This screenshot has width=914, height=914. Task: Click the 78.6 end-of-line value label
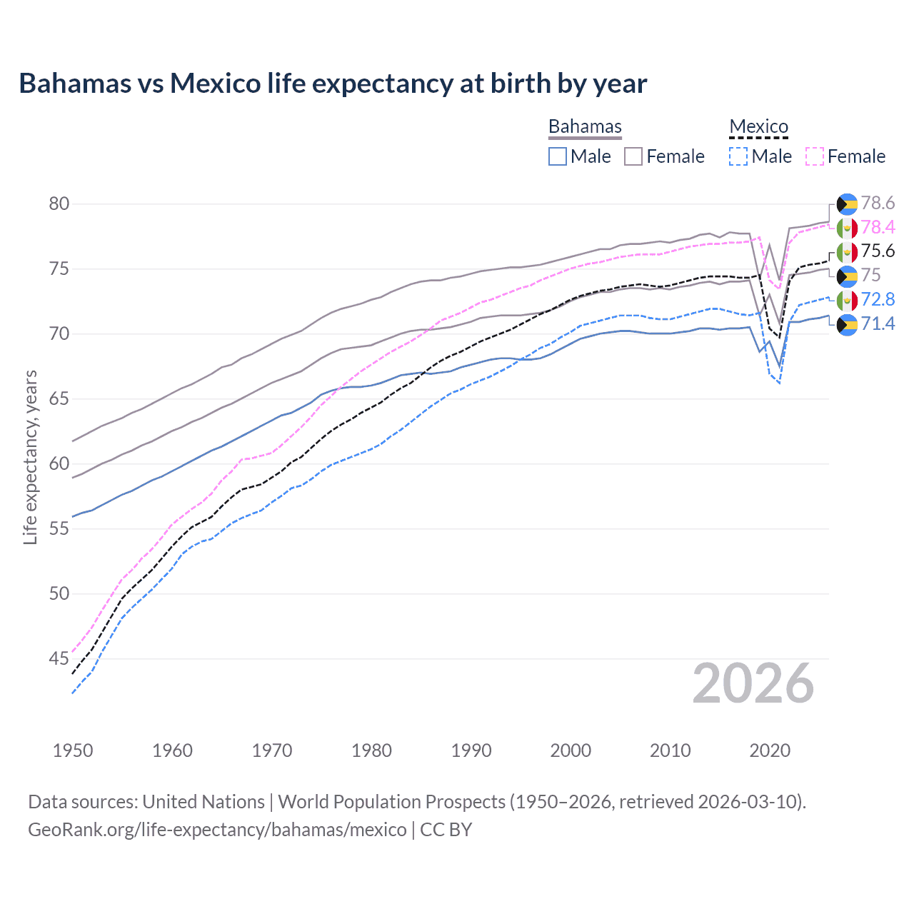click(878, 204)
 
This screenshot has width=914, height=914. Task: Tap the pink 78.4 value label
click(878, 227)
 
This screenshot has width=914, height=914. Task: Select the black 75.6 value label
click(878, 251)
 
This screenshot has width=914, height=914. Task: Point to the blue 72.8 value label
click(878, 299)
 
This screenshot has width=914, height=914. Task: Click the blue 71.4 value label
click(878, 323)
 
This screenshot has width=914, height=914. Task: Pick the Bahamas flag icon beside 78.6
click(847, 204)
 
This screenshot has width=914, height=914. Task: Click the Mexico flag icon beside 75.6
click(847, 252)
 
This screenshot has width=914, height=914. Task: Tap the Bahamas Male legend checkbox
click(558, 156)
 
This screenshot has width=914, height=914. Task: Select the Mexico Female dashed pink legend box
click(815, 156)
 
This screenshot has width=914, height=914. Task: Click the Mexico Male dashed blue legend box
click(738, 156)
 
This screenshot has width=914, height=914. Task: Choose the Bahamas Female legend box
click(633, 156)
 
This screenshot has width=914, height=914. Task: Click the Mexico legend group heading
click(758, 127)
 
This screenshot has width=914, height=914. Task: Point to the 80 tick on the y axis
click(59, 204)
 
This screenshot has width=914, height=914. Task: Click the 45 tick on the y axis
click(59, 658)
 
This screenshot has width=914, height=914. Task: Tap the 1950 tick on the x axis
click(73, 750)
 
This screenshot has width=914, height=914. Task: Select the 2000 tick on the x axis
click(571, 750)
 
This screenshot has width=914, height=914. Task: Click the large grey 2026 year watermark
click(753, 683)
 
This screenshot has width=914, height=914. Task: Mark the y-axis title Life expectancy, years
click(30, 457)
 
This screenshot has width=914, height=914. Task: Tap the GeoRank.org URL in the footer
click(217, 830)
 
